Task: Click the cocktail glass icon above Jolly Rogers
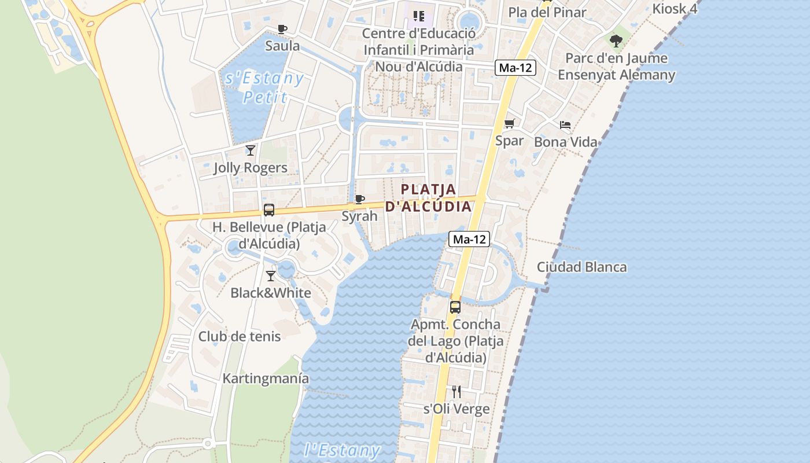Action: pos(250,150)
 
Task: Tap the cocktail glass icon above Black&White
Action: pos(270,276)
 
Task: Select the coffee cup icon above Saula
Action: pos(282,29)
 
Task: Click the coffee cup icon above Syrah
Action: pos(359,200)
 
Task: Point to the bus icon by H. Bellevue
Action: pos(268,210)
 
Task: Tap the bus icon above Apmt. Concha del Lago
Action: pos(455,307)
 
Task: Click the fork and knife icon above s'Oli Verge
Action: pos(456,392)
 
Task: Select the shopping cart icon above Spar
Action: pos(509,123)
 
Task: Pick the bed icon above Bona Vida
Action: pos(565,125)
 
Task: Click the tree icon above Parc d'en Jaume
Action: pos(616,41)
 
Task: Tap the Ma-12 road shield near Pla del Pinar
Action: pos(516,68)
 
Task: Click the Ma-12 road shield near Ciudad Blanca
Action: pos(470,239)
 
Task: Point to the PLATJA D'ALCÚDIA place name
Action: pos(428,197)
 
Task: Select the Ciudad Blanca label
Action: pos(581,267)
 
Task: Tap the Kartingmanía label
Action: pos(266,379)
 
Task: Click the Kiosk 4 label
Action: pos(675,9)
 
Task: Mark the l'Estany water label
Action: pos(342,450)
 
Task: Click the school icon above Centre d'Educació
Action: pos(418,16)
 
